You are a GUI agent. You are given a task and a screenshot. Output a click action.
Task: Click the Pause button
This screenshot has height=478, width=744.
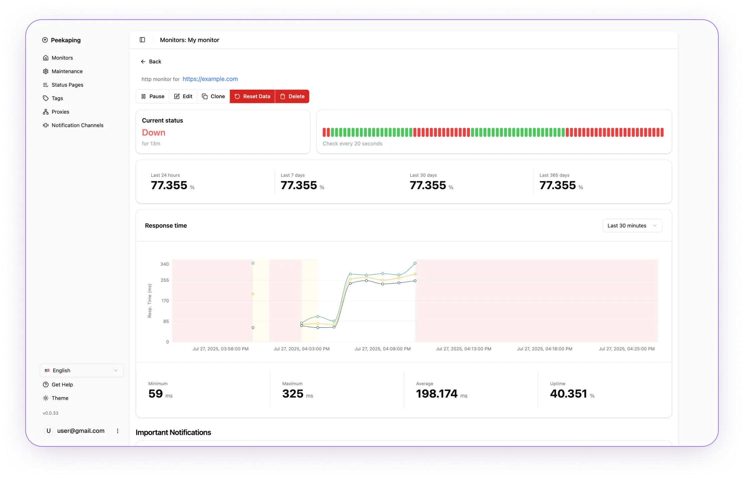click(x=153, y=96)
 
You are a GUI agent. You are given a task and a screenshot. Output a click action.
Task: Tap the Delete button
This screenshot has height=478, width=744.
click(x=292, y=96)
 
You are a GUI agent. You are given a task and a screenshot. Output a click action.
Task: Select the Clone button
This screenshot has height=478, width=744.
click(x=213, y=96)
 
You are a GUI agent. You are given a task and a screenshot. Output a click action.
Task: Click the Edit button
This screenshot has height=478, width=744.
click(x=183, y=96)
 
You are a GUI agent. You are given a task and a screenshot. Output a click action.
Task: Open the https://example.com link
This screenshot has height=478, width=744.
click(x=210, y=79)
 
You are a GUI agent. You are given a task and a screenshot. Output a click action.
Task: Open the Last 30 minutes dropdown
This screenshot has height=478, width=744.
click(x=632, y=226)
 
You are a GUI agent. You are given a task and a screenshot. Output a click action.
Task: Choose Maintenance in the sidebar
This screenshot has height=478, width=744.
click(x=67, y=71)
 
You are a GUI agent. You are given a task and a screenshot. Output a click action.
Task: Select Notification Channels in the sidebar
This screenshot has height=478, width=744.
click(x=77, y=125)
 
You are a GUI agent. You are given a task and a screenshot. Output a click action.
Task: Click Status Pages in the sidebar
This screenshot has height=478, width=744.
click(x=67, y=85)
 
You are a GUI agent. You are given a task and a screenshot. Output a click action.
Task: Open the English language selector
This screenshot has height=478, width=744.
click(x=82, y=370)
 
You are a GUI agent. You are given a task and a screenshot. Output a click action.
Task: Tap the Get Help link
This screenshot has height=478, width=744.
click(x=62, y=385)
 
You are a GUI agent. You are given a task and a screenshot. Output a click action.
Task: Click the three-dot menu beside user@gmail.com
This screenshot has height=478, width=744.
click(x=117, y=431)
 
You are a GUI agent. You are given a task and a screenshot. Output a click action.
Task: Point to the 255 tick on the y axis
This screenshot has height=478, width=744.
click(x=165, y=280)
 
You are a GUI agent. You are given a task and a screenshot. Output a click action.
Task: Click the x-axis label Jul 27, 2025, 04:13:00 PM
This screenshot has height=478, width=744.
click(x=464, y=349)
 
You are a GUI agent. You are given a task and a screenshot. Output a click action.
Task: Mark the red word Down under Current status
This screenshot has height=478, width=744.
click(x=153, y=133)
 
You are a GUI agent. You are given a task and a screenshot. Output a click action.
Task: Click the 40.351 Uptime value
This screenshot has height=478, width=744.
click(x=568, y=394)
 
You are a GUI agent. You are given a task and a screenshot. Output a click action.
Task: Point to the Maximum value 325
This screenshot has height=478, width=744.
click(x=293, y=394)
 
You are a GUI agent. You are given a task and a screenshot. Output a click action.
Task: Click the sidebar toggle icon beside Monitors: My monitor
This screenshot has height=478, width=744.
click(x=142, y=40)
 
